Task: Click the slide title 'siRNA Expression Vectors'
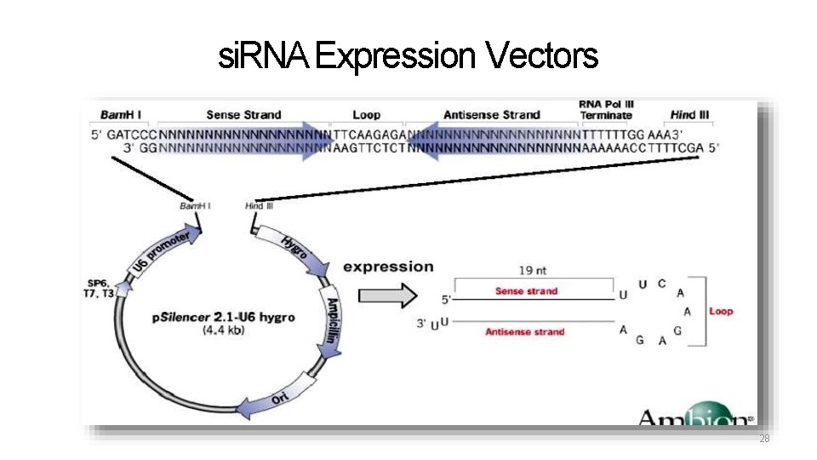point(408,57)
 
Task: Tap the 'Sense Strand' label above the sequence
point(243,115)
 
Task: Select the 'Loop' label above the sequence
point(366,115)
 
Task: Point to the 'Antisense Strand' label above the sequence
point(492,115)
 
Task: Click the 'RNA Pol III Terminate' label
point(606,110)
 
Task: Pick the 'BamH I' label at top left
point(122,115)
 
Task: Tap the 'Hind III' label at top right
point(689,115)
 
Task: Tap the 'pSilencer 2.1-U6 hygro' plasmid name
point(224,317)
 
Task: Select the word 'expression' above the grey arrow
point(388,267)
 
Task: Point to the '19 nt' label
point(532,270)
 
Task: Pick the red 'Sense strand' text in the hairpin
point(526,291)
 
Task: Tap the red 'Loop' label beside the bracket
point(720,311)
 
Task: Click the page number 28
point(764,439)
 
